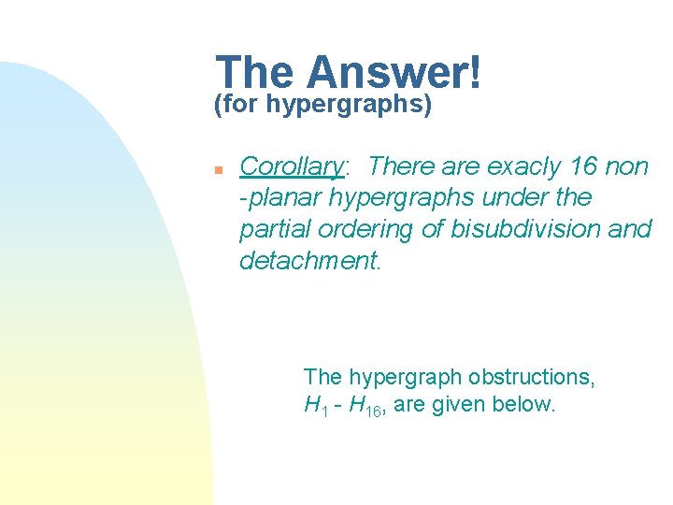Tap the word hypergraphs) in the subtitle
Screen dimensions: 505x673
(349, 106)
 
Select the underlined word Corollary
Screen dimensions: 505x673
(292, 166)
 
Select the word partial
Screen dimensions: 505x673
(275, 229)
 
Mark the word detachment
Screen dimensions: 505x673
(310, 261)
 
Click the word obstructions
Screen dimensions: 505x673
(534, 377)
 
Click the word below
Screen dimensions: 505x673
(529, 407)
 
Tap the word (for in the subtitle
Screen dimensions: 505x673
(237, 106)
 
